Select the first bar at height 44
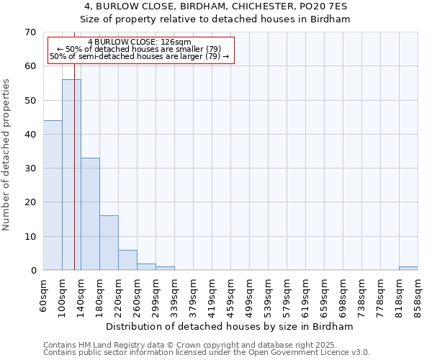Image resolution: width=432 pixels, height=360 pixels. (53, 195)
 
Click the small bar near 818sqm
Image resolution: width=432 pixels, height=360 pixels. (408, 269)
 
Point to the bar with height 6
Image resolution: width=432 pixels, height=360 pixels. (127, 260)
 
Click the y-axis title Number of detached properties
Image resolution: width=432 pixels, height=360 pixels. (7, 156)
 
